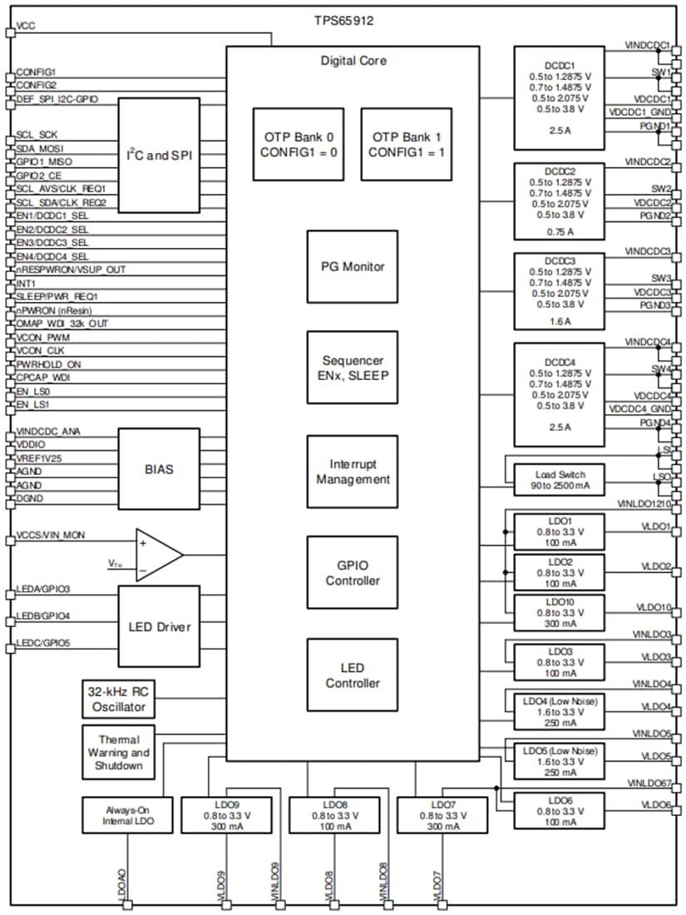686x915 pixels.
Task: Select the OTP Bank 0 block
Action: click(x=299, y=144)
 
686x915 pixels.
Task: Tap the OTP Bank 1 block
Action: click(x=407, y=144)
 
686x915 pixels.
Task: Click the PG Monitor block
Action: click(x=353, y=267)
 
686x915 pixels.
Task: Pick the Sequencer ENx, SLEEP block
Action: click(x=353, y=368)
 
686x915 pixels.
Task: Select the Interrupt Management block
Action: click(x=353, y=472)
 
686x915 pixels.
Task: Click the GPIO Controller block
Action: click(x=353, y=573)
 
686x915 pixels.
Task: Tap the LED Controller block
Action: click(x=353, y=675)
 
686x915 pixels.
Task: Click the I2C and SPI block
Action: click(x=159, y=156)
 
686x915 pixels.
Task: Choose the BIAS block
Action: click(x=159, y=468)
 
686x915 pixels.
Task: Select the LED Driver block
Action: click(x=159, y=626)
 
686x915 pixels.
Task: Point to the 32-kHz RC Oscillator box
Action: click(x=118, y=700)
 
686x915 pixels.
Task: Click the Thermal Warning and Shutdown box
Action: click(x=118, y=752)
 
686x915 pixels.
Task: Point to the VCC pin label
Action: click(x=26, y=27)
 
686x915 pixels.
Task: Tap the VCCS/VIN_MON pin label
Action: click(x=50, y=535)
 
